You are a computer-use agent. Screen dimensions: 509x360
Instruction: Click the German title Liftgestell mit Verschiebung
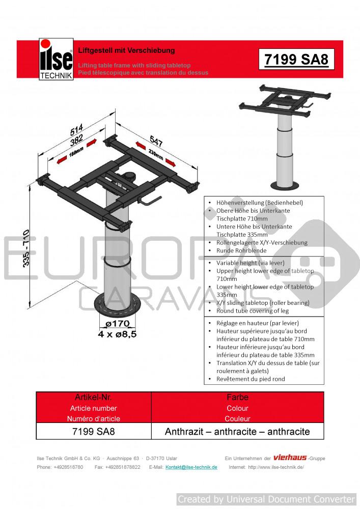pos(126,50)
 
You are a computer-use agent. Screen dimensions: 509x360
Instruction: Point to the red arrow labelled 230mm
pos(156,155)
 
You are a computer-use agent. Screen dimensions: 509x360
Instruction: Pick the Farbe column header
pos(237,397)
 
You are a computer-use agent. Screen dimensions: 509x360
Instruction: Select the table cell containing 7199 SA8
pos(94,432)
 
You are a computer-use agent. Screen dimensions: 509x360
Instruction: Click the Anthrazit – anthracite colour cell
pos(237,432)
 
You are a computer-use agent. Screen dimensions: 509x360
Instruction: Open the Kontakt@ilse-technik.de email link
pos(191,467)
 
